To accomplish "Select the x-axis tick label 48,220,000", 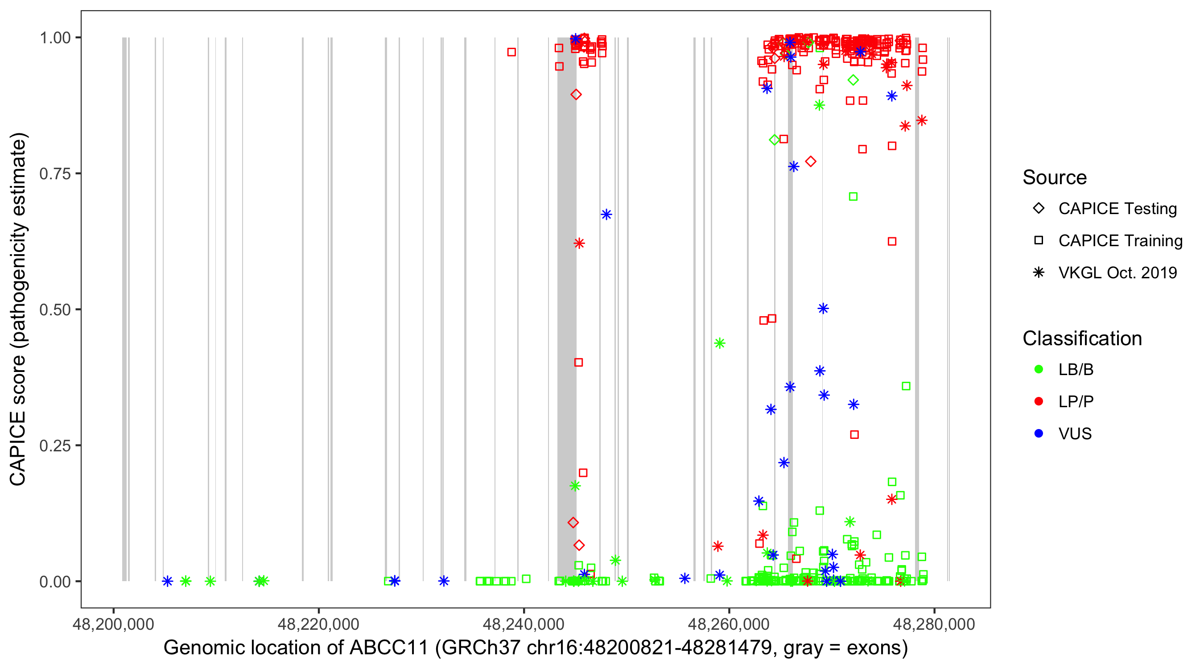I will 318,624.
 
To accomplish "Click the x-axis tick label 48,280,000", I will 934,624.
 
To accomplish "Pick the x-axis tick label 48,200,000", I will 113,624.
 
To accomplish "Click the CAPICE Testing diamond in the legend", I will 1039,208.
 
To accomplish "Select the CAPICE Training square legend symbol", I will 1039,240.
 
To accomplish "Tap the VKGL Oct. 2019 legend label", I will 1117,273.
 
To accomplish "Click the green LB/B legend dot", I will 1039,369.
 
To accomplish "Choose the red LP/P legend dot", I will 1039,401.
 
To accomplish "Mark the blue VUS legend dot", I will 1039,434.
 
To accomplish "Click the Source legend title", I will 1055,178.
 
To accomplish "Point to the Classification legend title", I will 1082,339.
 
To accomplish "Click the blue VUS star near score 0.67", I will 606,215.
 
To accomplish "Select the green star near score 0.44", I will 720,343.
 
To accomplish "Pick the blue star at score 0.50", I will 823,309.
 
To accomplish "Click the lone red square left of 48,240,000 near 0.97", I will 511,52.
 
